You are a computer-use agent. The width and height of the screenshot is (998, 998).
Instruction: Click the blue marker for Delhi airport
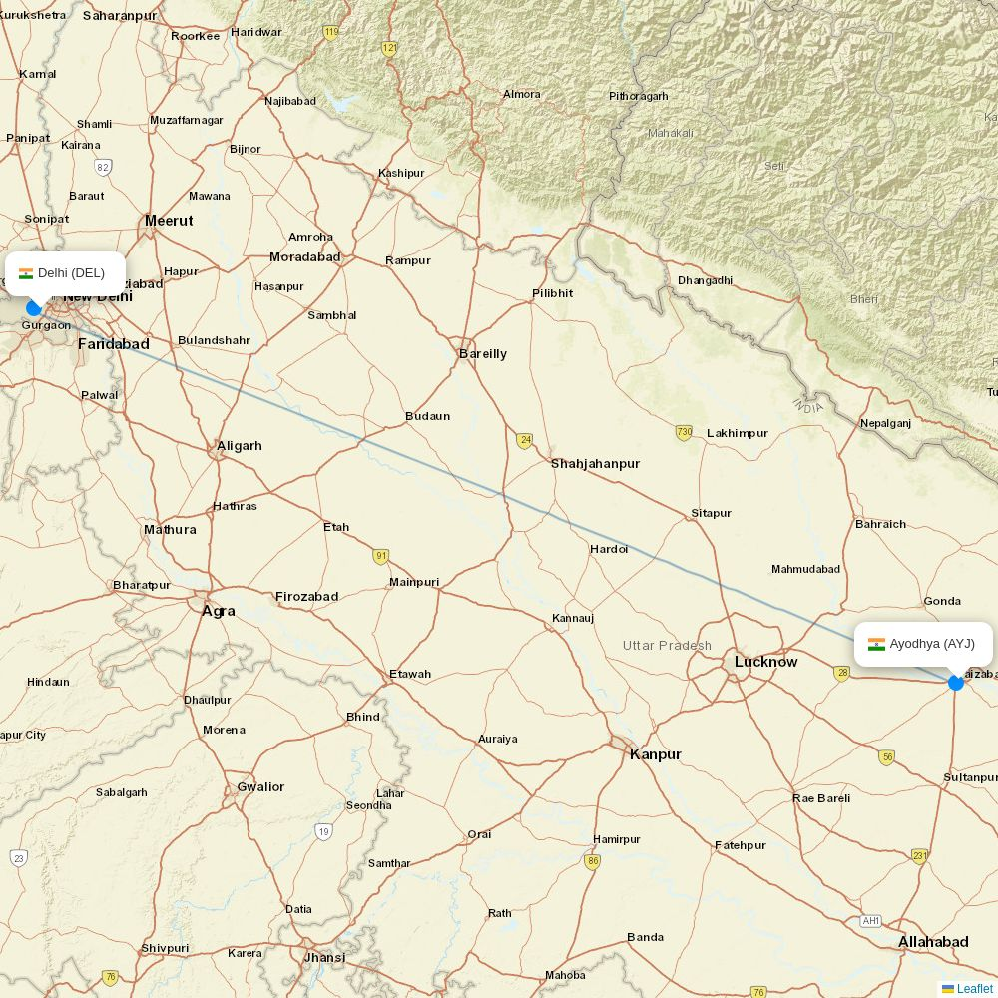tap(33, 308)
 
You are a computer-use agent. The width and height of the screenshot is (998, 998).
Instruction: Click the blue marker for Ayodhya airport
tap(955, 683)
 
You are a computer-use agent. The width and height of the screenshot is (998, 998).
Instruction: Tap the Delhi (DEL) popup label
tap(66, 273)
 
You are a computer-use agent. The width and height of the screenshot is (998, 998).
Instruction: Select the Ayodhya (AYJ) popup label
tap(923, 644)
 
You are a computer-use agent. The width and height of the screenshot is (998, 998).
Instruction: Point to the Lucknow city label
tap(765, 662)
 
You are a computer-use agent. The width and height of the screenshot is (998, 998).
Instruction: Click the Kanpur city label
tap(655, 754)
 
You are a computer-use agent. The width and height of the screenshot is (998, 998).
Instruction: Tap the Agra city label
tap(218, 610)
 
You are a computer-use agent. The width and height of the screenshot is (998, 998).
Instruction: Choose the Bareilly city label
tap(482, 354)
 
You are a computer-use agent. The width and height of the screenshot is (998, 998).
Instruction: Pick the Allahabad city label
tap(932, 942)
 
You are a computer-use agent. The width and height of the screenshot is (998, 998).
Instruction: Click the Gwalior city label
tap(259, 787)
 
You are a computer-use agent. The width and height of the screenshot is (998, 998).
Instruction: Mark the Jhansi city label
tap(324, 957)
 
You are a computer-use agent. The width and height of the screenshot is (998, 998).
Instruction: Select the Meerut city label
tap(169, 221)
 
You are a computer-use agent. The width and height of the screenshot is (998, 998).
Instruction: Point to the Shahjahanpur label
tap(595, 464)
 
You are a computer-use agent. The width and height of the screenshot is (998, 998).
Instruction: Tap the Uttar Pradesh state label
tap(667, 646)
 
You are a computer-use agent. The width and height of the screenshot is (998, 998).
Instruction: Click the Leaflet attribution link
tap(974, 989)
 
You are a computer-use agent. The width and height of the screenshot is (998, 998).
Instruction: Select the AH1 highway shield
tap(871, 921)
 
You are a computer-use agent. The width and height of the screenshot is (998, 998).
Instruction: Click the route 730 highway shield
tap(684, 432)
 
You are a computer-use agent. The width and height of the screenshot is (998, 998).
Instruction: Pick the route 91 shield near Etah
tap(381, 556)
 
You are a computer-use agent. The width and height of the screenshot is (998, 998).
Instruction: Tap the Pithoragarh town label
tap(638, 96)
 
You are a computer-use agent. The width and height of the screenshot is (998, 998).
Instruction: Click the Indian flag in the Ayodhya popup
tap(876, 644)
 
